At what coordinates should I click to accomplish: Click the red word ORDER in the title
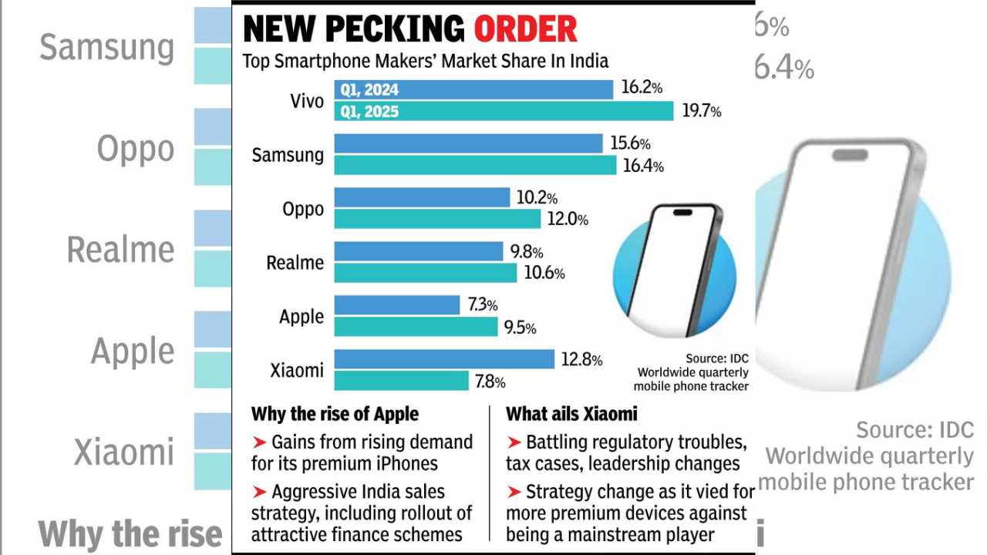(x=525, y=29)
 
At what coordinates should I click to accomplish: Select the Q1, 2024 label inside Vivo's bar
(x=369, y=90)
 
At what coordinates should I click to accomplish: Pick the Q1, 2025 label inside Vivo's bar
(x=369, y=112)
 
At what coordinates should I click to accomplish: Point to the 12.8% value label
(x=581, y=359)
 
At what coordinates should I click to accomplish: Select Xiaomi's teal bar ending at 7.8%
(x=401, y=381)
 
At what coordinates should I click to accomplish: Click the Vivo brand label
(x=308, y=101)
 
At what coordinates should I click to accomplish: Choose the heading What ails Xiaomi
(x=571, y=414)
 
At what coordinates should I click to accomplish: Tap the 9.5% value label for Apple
(x=520, y=328)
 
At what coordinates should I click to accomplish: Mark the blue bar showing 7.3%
(x=397, y=305)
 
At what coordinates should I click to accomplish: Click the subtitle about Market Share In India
(x=426, y=61)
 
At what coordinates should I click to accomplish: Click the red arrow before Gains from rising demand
(x=259, y=442)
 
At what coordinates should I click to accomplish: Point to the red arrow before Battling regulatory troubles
(x=514, y=442)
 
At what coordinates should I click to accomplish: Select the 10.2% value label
(x=537, y=198)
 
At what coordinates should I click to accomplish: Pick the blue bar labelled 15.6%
(x=468, y=143)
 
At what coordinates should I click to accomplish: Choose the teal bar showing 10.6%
(x=425, y=273)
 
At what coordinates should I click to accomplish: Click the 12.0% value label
(x=567, y=220)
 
